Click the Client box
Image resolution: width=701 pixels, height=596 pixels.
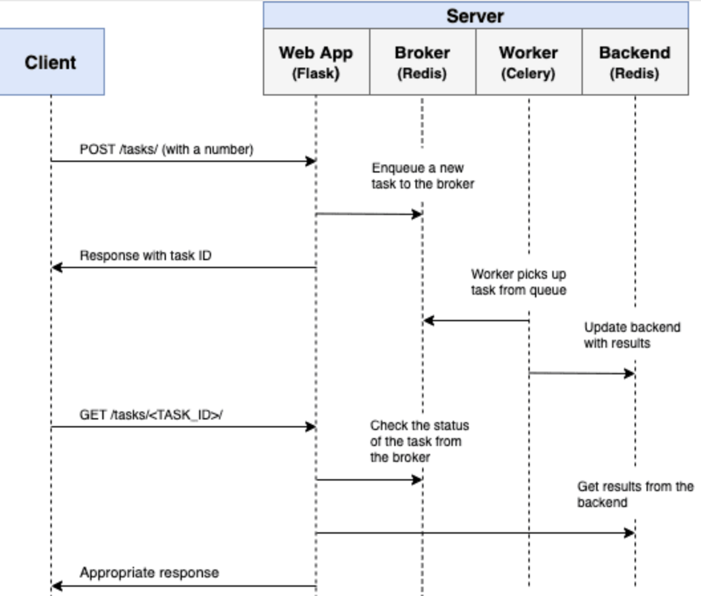pos(51,62)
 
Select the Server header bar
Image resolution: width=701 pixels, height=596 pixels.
pos(475,15)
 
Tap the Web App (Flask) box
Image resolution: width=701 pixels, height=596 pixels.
pos(316,62)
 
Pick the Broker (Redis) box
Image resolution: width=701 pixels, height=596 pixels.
pos(422,62)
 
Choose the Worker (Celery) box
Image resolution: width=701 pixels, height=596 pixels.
pos(528,62)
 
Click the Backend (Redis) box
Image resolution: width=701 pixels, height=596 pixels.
pos(635,62)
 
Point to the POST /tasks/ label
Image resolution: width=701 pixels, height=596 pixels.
pos(166,150)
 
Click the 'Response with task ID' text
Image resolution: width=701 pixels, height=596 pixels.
pos(145,256)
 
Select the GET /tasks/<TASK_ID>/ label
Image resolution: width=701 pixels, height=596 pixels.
pos(151,415)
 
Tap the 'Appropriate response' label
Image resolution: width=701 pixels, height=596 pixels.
pos(149,572)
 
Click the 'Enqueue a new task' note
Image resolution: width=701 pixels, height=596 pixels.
pos(423,176)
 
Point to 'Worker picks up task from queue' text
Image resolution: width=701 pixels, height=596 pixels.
pos(518,281)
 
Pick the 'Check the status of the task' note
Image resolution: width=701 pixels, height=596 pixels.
pos(419,441)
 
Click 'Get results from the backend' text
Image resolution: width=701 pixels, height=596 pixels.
pos(635,494)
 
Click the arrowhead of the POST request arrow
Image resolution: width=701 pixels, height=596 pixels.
pos(310,161)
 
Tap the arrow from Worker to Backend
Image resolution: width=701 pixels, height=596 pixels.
pos(582,373)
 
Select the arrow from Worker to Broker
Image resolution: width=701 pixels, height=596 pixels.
pos(475,321)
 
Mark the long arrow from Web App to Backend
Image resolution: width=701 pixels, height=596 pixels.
pos(475,532)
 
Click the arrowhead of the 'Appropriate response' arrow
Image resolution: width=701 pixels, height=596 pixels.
pos(56,586)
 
